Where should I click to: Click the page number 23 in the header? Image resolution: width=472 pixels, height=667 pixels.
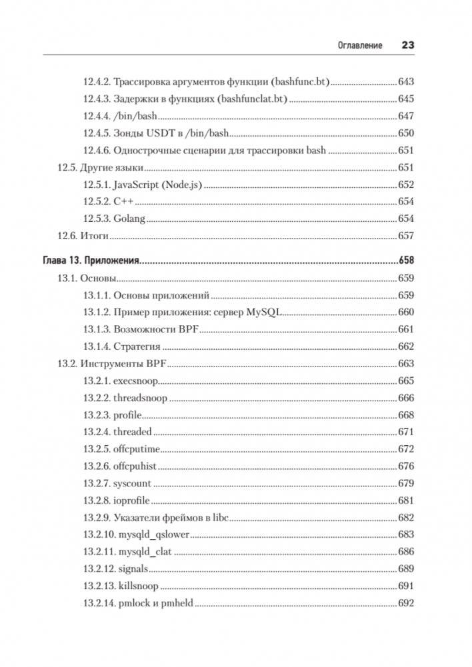pyautogui.click(x=407, y=45)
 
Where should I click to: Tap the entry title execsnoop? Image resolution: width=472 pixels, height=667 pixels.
pyautogui.click(x=135, y=380)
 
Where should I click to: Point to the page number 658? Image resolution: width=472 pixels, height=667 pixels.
pyautogui.click(x=405, y=261)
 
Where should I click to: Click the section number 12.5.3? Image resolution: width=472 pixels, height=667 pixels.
pyautogui.click(x=97, y=219)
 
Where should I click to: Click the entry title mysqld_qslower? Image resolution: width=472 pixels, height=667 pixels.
pyautogui.click(x=154, y=534)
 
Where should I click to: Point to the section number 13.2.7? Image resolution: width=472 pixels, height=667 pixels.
pyautogui.click(x=97, y=483)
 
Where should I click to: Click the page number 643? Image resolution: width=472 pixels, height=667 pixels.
pyautogui.click(x=405, y=82)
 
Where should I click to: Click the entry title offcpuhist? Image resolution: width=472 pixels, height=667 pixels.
pyautogui.click(x=135, y=466)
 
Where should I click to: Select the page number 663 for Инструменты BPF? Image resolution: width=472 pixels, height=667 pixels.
pyautogui.click(x=405, y=364)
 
